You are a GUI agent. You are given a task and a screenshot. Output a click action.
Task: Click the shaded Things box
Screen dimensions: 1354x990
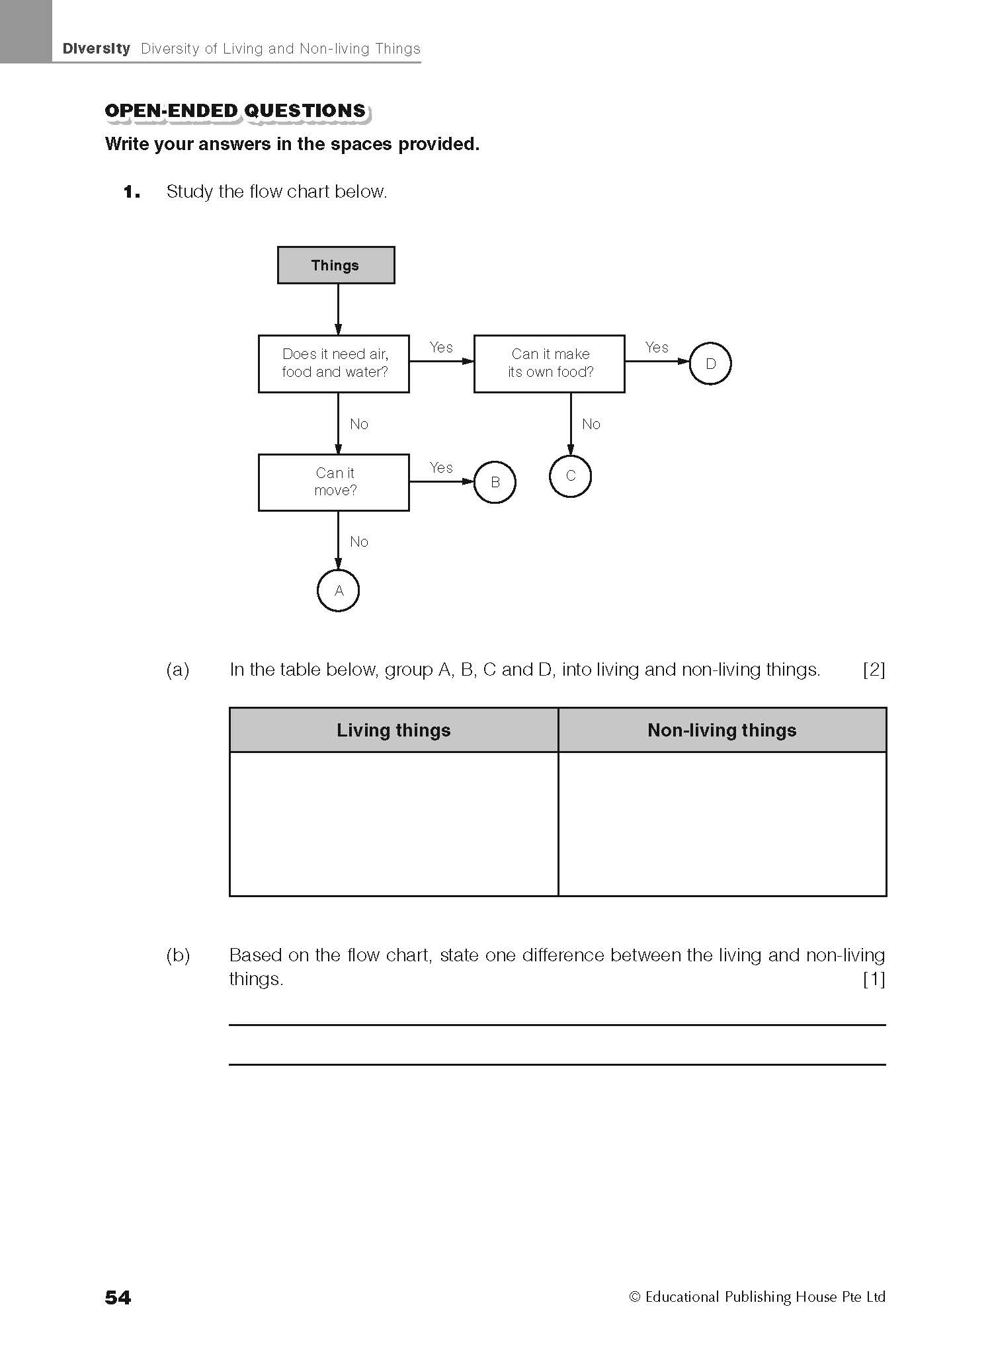tap(335, 265)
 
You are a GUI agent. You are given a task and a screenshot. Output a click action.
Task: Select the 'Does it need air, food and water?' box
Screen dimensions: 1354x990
tap(333, 364)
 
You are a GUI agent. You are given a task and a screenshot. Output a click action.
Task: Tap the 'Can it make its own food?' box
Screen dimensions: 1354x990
tap(549, 364)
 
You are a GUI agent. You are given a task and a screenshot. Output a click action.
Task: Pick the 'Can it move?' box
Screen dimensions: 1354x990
tap(333, 482)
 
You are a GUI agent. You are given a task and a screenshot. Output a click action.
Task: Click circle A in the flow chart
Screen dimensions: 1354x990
tap(338, 590)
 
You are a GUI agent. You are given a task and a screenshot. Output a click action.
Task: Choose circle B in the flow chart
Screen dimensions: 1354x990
tap(495, 482)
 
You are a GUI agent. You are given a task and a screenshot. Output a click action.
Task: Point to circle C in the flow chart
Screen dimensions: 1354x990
tap(570, 476)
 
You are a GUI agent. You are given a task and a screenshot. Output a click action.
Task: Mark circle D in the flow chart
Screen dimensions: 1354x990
tap(710, 364)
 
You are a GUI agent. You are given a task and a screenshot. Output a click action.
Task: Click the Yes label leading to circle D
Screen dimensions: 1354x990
tap(657, 347)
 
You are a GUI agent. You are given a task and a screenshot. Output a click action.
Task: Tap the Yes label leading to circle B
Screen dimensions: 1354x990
tap(441, 467)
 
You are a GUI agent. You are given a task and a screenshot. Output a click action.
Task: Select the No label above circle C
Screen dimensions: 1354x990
tap(591, 424)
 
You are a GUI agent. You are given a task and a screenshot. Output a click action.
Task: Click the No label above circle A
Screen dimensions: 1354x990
tap(359, 541)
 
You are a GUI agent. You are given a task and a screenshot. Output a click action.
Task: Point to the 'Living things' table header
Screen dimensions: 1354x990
tap(393, 730)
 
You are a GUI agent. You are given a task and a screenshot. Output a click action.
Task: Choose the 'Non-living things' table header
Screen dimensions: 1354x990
tap(722, 730)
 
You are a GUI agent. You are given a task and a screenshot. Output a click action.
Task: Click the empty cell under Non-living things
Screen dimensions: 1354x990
tap(722, 823)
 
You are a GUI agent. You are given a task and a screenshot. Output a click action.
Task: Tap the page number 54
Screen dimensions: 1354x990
tap(118, 1297)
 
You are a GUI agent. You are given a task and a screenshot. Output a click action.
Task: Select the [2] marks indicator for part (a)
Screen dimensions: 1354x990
tap(874, 670)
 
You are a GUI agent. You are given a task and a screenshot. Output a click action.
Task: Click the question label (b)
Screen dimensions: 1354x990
tap(178, 955)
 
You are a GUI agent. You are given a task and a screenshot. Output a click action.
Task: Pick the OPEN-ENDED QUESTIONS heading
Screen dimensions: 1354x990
tap(235, 110)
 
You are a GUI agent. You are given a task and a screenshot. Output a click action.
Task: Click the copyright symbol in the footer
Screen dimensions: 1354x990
tap(635, 1297)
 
